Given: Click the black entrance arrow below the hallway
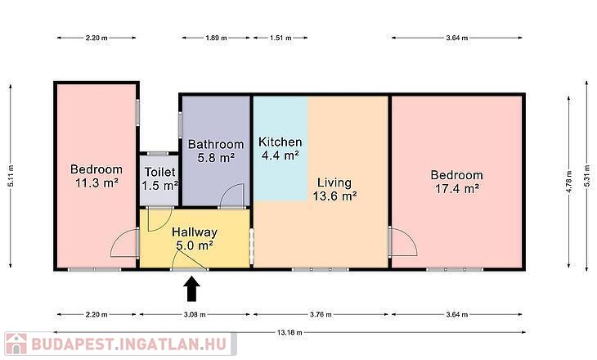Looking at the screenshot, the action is [x=192, y=289].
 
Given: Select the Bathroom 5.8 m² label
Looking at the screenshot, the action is [x=216, y=151].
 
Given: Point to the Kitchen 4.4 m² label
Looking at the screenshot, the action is [x=281, y=149].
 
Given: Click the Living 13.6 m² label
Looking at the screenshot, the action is [x=334, y=189].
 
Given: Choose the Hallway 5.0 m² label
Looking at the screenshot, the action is [x=195, y=238].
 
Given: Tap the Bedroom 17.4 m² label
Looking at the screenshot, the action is [x=457, y=182].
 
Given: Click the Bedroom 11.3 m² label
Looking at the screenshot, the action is [x=97, y=176].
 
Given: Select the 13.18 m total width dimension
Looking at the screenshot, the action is [x=290, y=332].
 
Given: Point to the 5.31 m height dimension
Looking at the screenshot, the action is [x=587, y=176].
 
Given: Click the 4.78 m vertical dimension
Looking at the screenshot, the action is [x=569, y=182].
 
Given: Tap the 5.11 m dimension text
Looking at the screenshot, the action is [x=11, y=176].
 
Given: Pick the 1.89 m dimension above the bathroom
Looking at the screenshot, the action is [x=216, y=38].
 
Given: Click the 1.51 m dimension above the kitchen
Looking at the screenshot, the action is [x=281, y=38].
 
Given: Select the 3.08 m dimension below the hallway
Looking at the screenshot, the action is [x=195, y=315].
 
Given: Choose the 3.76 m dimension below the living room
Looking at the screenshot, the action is [x=321, y=315].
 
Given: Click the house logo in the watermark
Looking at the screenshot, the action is [x=16, y=344].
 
